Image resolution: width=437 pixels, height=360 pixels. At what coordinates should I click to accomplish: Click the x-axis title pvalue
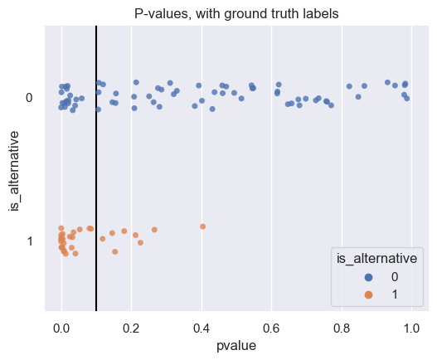pyautogui.click(x=236, y=348)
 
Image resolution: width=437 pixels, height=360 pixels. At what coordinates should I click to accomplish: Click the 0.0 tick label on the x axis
pyautogui.click(x=61, y=328)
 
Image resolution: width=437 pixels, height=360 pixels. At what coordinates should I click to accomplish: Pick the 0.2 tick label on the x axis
pyautogui.click(x=131, y=328)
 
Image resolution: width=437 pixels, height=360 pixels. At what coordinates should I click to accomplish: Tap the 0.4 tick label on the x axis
pyautogui.click(x=201, y=328)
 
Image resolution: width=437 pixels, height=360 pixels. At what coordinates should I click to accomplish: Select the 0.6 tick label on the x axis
pyautogui.click(x=271, y=328)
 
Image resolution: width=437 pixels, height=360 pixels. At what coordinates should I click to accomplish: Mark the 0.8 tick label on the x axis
pyautogui.click(x=341, y=328)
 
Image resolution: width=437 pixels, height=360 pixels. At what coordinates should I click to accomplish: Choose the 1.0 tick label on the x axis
pyautogui.click(x=410, y=328)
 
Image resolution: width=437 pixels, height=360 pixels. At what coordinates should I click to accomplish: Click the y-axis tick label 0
pyautogui.click(x=28, y=98)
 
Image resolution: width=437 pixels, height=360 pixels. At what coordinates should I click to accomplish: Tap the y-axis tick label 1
pyautogui.click(x=28, y=241)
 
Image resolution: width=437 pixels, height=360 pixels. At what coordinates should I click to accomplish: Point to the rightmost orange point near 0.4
pyautogui.click(x=202, y=226)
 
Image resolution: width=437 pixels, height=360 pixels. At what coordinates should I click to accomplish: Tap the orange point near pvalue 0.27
pyautogui.click(x=154, y=230)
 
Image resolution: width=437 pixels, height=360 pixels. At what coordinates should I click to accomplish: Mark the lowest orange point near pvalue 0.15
pyautogui.click(x=114, y=251)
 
